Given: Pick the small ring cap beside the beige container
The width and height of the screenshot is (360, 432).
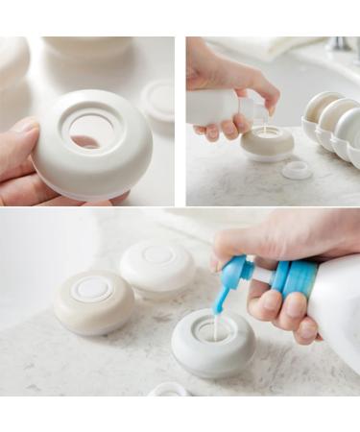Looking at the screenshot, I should tap(297, 170).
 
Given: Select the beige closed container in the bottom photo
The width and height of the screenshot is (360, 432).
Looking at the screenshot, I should tap(93, 300).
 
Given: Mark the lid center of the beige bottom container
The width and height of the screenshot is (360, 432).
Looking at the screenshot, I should tap(93, 289).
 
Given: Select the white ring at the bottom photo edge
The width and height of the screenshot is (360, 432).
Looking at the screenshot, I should tap(169, 390).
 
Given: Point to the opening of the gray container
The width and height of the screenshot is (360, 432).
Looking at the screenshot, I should tap(214, 330).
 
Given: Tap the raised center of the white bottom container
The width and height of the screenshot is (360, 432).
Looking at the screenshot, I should tap(158, 255).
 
